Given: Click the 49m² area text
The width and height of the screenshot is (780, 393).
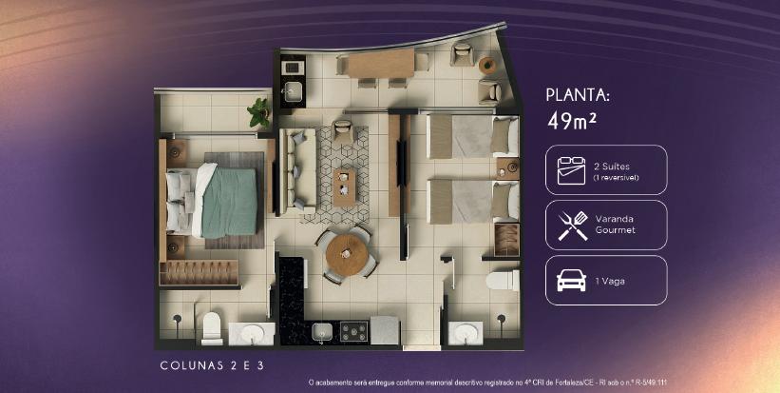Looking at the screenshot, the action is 572,120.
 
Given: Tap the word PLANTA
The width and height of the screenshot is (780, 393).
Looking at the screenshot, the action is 578,95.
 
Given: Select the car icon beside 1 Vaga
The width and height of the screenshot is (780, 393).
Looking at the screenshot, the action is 571,281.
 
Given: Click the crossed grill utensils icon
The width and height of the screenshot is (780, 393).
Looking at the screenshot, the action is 572,226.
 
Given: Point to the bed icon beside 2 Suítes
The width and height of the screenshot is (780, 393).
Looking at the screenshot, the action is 571,170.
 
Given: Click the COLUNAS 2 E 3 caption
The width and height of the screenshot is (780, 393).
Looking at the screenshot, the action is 212,365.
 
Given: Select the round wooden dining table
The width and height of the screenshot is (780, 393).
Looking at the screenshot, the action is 347,255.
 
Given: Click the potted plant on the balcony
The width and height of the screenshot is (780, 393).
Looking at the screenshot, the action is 259,112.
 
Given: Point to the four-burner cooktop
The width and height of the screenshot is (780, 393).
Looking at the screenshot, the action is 353,331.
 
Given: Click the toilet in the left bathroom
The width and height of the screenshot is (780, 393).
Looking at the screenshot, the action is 212,328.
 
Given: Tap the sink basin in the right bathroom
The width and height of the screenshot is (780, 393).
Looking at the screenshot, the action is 466,333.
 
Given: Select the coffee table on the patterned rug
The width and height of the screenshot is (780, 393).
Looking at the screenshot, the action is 344,187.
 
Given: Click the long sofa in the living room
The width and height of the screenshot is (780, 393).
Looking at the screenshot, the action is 297,170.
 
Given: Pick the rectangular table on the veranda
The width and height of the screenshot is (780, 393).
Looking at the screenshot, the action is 381,64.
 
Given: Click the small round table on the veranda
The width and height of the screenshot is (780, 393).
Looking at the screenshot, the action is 487,66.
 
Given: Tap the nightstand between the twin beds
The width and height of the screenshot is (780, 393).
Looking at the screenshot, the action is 507,168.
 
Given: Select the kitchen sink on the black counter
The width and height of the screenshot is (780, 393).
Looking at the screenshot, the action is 322,331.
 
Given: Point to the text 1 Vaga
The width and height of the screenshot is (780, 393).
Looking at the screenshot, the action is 610,282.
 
